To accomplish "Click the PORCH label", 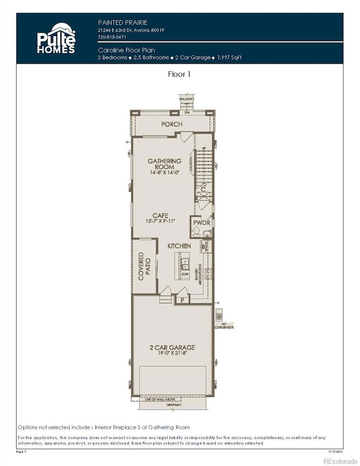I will pyautogui.click(x=172, y=124).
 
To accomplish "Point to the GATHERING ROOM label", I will pyautogui.click(x=164, y=164).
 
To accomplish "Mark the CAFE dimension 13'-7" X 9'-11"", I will pyautogui.click(x=161, y=222).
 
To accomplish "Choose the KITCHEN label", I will pyautogui.click(x=180, y=245).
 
